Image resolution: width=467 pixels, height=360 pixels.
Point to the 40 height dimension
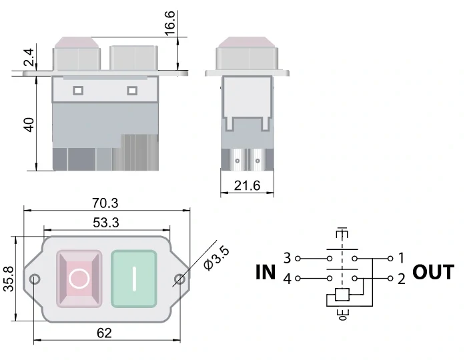[x=29, y=125]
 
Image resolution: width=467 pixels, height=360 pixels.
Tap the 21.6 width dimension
[x=247, y=186]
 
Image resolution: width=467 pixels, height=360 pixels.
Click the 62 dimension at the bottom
[x=104, y=333]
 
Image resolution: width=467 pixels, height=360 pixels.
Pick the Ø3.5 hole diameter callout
[x=214, y=257]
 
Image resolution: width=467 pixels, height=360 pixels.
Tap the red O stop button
[x=79, y=278]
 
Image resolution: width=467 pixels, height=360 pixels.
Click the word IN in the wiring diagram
[x=266, y=272]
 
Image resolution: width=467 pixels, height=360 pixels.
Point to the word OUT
[x=433, y=272]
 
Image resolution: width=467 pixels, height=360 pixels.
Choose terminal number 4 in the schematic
[x=287, y=279]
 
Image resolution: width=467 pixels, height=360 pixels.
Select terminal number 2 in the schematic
[x=401, y=279]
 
